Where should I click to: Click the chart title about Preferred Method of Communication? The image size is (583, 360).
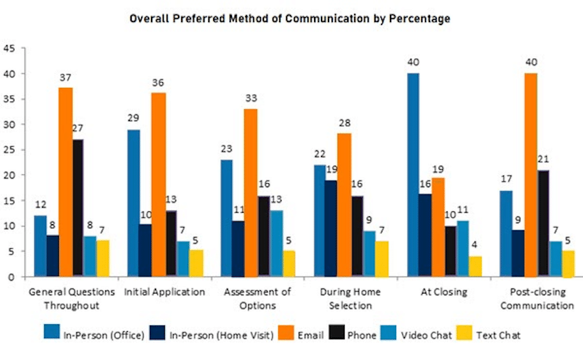(290, 19)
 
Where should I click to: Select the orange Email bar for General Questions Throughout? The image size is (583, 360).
(66, 182)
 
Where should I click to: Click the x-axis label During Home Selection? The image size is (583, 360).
(346, 299)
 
